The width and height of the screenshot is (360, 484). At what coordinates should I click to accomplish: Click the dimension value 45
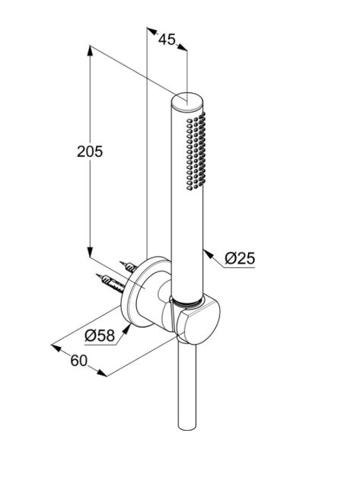167,40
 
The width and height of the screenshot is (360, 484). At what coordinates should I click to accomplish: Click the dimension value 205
90,151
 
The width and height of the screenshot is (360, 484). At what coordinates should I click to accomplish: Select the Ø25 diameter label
240,258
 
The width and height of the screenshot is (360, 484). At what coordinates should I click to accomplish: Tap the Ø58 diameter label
100,335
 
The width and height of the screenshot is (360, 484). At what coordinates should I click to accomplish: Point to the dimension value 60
79,360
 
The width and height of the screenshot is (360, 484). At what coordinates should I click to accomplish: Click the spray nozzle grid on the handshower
196,151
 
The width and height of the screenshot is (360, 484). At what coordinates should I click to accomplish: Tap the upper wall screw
129,266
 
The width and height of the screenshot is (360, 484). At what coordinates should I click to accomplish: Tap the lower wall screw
111,283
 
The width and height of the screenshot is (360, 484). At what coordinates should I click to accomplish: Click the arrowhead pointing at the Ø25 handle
208,254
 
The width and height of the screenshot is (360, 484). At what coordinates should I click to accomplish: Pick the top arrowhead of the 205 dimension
90,51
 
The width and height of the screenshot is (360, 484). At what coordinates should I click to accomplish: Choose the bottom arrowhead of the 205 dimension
90,252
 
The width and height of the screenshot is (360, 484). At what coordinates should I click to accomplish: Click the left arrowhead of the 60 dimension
56,348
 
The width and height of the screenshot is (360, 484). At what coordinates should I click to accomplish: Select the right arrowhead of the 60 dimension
102,373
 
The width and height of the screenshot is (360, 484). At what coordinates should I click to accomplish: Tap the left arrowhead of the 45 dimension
152,30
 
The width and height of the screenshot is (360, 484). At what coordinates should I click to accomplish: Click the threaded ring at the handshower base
188,303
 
